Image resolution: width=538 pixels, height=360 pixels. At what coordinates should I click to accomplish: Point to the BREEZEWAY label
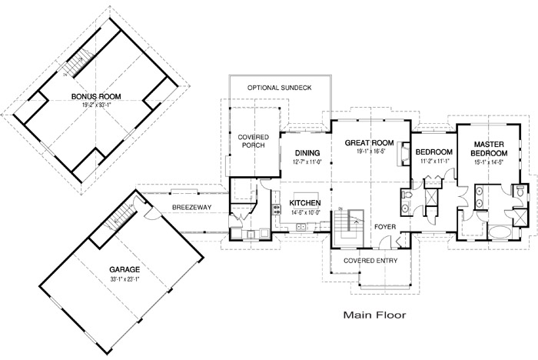187,207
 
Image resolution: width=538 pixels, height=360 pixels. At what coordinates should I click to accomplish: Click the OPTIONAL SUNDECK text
279,88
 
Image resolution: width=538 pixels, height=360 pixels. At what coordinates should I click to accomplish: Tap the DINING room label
307,153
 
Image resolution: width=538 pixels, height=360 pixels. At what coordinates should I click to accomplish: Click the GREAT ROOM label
370,143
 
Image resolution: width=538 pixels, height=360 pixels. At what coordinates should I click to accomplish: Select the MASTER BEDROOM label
488,148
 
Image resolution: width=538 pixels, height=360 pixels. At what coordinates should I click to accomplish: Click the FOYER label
385,227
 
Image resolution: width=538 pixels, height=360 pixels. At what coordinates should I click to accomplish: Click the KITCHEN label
304,203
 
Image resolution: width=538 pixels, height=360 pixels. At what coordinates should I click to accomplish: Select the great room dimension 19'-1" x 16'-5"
370,152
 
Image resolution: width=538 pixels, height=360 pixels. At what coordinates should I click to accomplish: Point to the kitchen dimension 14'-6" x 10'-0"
304,212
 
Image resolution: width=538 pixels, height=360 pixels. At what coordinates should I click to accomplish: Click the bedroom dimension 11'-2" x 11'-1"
434,162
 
